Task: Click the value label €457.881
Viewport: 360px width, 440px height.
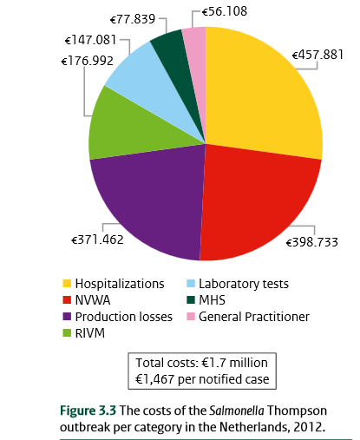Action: coord(319,54)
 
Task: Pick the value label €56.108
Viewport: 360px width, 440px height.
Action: coord(227,12)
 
